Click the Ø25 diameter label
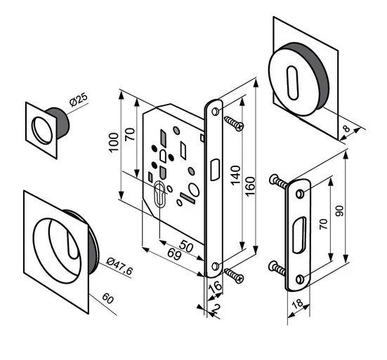pos(79,100)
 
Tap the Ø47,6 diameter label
pos(119,266)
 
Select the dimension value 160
pos(251,186)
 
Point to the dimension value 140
pos(236,175)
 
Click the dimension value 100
pos(114,142)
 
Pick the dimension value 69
pos(174,254)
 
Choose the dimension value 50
pos(186,246)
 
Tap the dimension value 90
pos(340,211)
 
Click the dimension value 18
pos(297,303)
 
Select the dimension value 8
pos(347,128)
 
